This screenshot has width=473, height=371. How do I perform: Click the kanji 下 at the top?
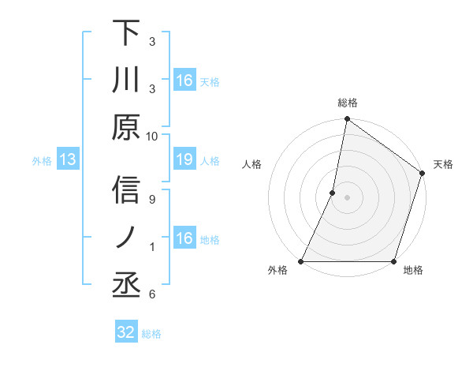coord(127,33)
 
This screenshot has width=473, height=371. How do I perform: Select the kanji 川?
coord(127,81)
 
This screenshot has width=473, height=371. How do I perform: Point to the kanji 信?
coord(127,190)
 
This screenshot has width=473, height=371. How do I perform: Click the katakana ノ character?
coord(127,238)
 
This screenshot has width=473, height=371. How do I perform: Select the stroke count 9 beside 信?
coord(152,199)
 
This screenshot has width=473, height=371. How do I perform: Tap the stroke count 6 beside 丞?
coord(152,294)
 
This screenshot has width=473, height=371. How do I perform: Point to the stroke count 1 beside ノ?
coord(152,247)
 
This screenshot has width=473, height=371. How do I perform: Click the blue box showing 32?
coord(126,332)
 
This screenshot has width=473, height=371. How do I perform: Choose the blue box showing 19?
coord(184,160)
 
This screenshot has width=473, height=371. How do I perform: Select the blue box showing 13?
coord(68,160)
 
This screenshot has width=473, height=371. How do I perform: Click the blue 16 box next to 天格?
coord(184,80)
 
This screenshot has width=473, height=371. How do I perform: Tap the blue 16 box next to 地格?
coord(184,238)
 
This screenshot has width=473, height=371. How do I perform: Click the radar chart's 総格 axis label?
coord(347,103)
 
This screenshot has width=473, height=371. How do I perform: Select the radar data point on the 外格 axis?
coord(301,261)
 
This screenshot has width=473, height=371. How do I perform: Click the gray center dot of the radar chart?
coord(347,197)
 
